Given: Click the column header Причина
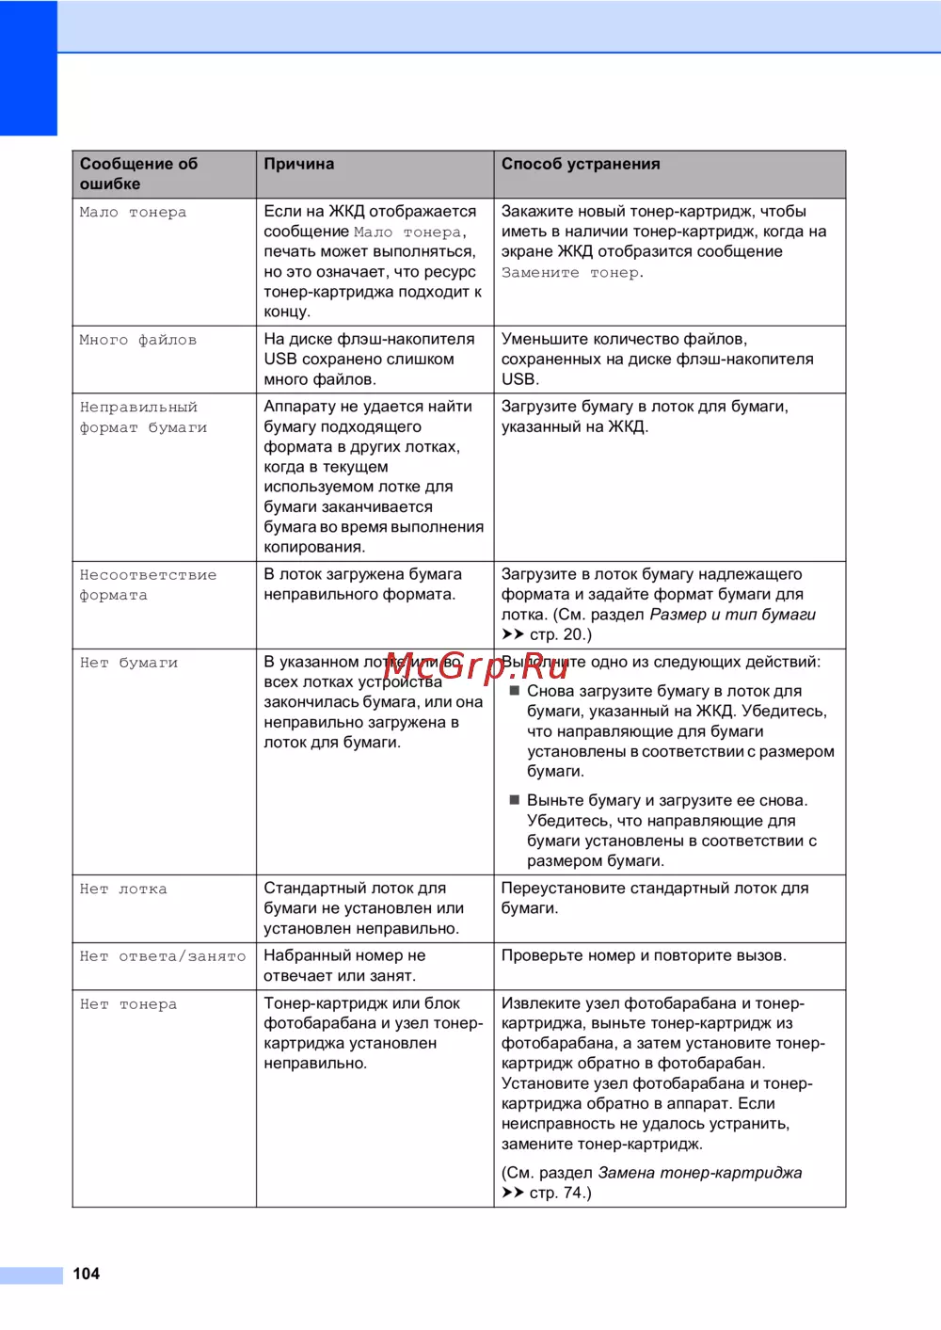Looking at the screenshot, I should click(x=298, y=164).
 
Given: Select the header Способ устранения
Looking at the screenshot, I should click(x=580, y=164).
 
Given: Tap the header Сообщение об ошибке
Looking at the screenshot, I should click(x=138, y=173).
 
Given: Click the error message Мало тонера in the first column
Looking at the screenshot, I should click(x=133, y=213).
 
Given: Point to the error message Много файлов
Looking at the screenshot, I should click(x=137, y=340).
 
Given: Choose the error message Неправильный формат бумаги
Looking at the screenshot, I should click(x=143, y=417).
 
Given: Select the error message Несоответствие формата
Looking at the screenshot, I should click(x=148, y=585).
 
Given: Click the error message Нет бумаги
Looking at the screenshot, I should click(x=128, y=663).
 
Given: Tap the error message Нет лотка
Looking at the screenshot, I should click(x=123, y=889).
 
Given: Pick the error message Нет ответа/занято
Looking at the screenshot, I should click(x=162, y=956).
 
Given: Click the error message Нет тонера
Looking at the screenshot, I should click(x=128, y=1004).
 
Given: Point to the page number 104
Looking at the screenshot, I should click(x=87, y=1274).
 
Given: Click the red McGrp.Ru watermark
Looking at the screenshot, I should click(x=476, y=666).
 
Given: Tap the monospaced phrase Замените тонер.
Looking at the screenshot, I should click(x=572, y=273).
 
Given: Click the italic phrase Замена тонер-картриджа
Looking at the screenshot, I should click(x=699, y=1173).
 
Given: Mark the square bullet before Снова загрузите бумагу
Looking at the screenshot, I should click(x=515, y=691).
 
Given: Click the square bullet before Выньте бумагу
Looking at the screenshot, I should click(x=515, y=800).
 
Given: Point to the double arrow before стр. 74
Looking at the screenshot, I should click(x=512, y=1193).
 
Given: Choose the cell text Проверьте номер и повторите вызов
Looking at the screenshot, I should click(x=644, y=955).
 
